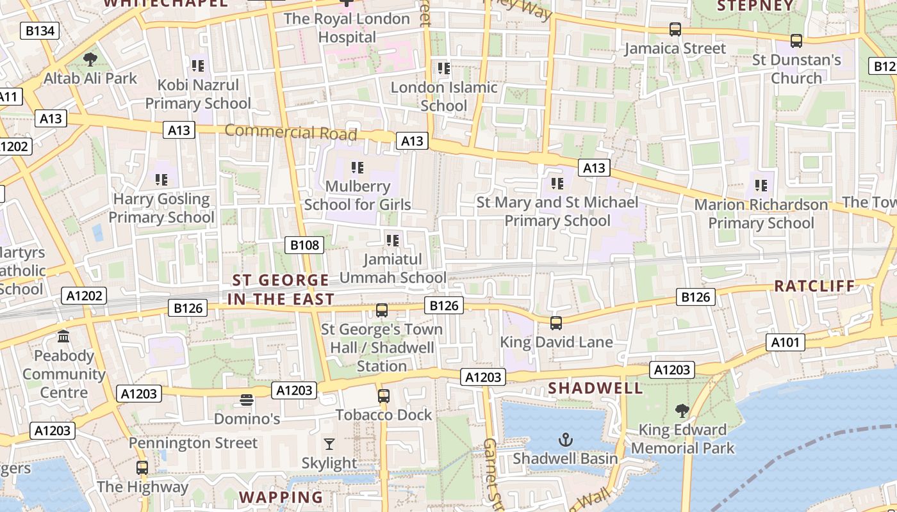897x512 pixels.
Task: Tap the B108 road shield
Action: pos(304,244)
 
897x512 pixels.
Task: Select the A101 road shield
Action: pos(786,342)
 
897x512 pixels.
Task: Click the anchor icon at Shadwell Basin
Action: pos(565,439)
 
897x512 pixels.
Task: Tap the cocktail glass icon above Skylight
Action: pos(329,444)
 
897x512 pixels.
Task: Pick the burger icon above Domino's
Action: pos(247,400)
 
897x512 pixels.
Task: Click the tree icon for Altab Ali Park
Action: pos(90,60)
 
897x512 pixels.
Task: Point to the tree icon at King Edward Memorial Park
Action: pos(682,410)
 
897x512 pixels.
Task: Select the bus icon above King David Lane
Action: pos(556,323)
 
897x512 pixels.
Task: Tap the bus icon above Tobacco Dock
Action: pos(384,396)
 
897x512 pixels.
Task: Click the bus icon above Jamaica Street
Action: pos(675,29)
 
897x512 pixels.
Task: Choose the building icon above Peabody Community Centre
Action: pos(63,337)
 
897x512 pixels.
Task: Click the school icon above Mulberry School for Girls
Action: pos(358,168)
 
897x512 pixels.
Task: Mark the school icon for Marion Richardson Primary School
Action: pos(761,186)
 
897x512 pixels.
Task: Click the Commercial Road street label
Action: pos(291,132)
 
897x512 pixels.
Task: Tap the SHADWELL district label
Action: pos(595,388)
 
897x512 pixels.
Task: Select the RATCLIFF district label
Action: pos(814,285)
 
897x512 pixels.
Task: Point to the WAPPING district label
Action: pos(281,497)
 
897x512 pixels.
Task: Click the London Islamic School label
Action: pos(444,96)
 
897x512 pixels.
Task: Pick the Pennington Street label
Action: pos(193,443)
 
